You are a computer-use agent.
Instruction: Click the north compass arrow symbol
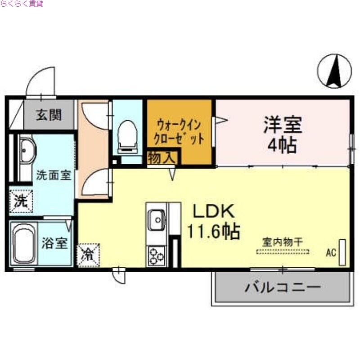334,71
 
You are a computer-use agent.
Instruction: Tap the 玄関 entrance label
49,115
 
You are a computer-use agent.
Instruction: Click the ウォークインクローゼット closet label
179,130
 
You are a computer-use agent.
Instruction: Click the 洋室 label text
283,125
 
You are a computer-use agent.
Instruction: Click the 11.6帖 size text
213,231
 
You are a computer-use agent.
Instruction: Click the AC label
331,253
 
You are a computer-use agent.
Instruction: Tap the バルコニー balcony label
283,287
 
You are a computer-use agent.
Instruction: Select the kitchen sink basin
157,220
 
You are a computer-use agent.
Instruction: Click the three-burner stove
156,256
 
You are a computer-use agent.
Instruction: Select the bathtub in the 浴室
24,245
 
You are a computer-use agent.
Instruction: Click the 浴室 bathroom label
55,244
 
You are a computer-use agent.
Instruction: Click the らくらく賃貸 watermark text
22,4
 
